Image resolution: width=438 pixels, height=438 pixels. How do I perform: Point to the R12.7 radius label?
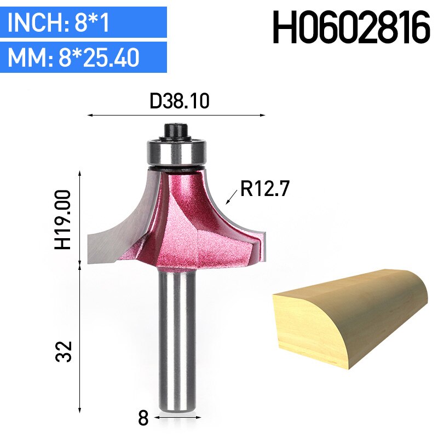264,190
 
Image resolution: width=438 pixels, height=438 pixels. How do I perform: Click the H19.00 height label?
64,220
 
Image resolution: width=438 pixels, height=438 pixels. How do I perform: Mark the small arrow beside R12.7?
230,198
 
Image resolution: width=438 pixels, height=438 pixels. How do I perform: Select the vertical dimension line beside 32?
81,339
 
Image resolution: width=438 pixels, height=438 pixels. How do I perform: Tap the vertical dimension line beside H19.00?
81,219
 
